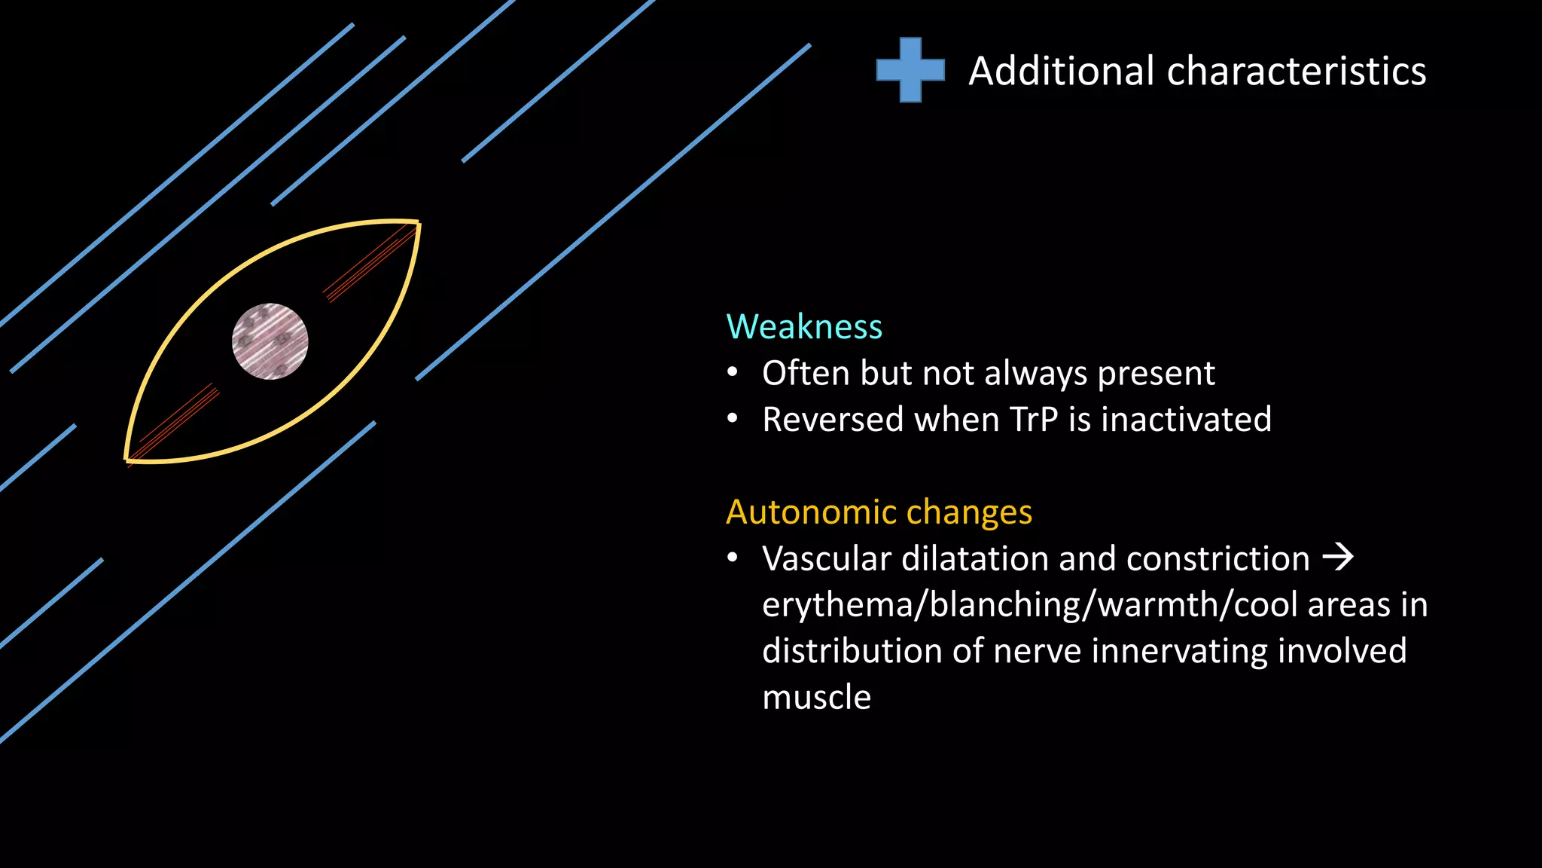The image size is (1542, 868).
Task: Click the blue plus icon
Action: coord(910,70)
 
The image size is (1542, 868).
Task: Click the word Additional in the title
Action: coord(1061,72)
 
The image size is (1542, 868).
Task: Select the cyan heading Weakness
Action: coord(803,327)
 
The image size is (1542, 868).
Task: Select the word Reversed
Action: coord(832,420)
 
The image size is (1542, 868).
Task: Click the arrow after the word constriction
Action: coord(1338,558)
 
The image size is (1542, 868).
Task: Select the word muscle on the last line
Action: coord(816,698)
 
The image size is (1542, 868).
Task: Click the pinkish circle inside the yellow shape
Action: coord(270,341)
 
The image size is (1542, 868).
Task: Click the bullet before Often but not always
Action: coord(733,373)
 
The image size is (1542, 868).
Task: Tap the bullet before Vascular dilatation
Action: coord(733,558)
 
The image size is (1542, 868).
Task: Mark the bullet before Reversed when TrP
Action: coord(733,420)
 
